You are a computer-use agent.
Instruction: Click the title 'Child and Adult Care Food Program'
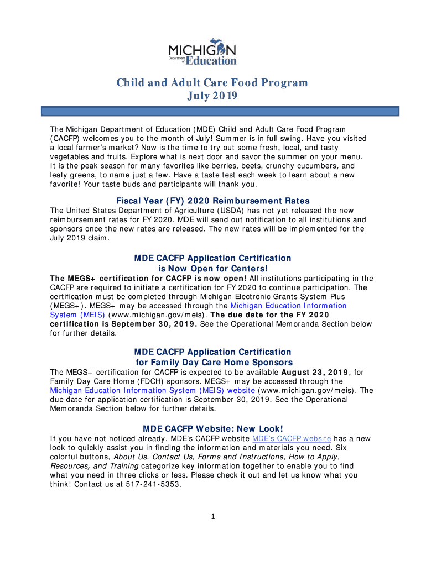212,83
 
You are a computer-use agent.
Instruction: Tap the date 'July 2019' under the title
212,96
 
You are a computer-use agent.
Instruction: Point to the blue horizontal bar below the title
220,112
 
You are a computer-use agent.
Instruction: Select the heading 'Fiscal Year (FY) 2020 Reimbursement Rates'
213,201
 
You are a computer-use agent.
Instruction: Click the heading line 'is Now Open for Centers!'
213,269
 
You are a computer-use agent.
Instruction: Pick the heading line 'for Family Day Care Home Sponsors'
213,363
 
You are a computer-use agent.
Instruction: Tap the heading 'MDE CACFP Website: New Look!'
213,429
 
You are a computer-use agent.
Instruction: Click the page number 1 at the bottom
213,517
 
